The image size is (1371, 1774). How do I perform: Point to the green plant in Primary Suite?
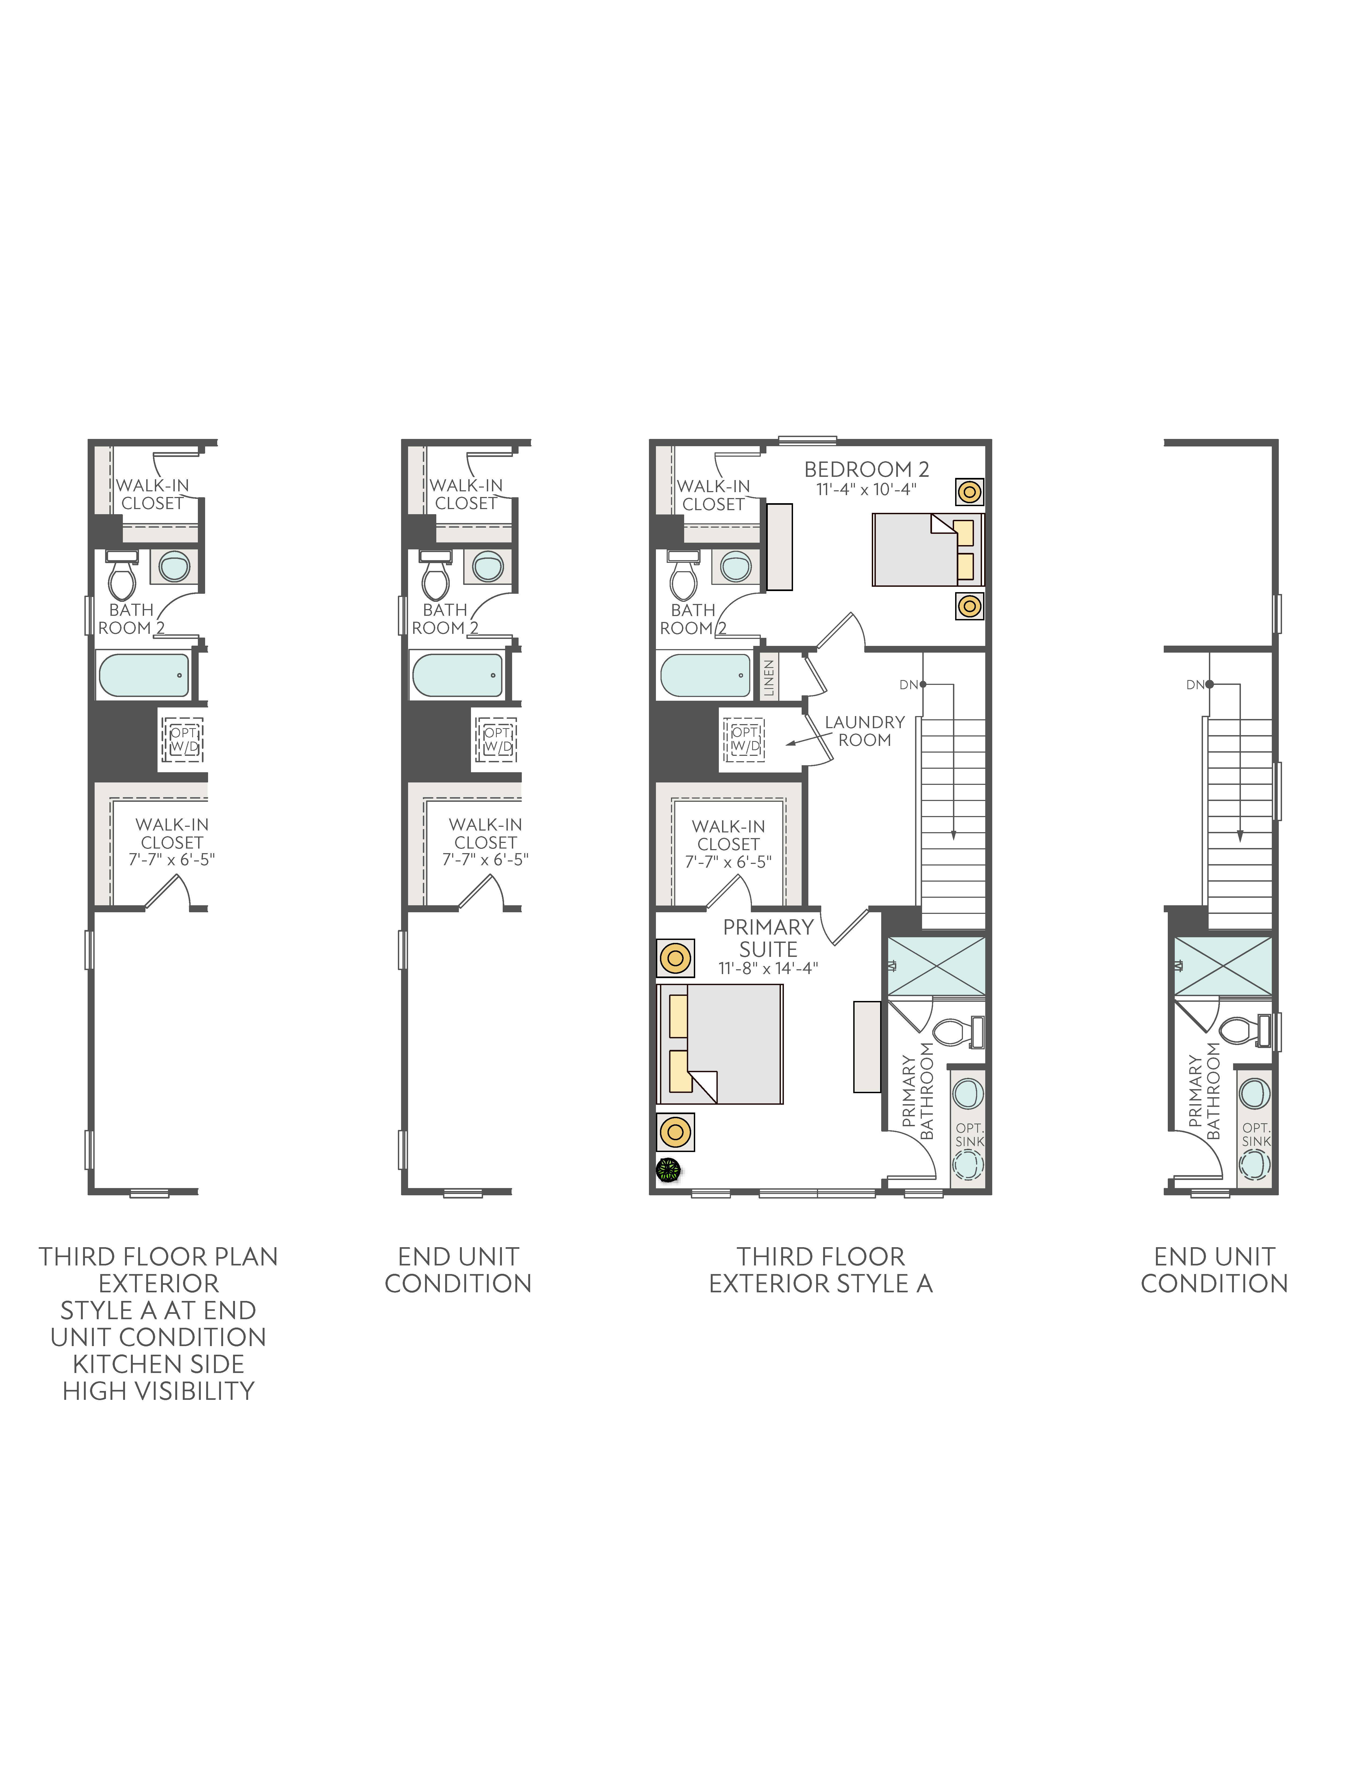click(x=669, y=1170)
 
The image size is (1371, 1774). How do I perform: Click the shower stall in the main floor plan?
click(x=936, y=966)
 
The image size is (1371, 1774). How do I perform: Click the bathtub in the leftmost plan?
click(x=144, y=675)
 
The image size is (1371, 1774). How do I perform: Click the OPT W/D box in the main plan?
click(x=745, y=739)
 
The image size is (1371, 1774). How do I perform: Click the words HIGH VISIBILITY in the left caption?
click(x=158, y=1391)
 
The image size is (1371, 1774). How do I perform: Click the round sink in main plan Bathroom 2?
click(x=736, y=566)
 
